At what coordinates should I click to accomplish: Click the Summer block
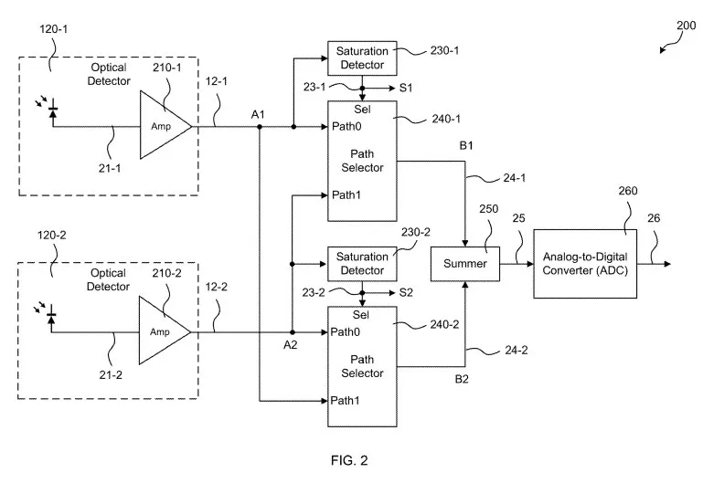click(x=465, y=264)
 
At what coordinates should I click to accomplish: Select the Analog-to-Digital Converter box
click(x=585, y=264)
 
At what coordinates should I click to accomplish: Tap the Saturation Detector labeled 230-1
click(x=362, y=58)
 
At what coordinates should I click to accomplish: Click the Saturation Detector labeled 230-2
click(x=362, y=264)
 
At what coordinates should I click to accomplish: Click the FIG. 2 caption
click(x=349, y=460)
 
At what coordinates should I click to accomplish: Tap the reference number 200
click(x=686, y=26)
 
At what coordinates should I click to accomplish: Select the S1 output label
click(x=406, y=88)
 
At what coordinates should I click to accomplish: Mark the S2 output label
click(x=406, y=293)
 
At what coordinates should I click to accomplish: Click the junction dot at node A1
click(x=259, y=127)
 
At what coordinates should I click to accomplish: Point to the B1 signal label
click(x=466, y=145)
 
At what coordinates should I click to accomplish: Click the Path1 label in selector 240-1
click(x=346, y=195)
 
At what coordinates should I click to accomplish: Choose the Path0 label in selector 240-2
click(x=346, y=332)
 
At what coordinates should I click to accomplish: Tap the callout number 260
click(x=628, y=191)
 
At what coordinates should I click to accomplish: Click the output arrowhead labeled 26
click(x=667, y=264)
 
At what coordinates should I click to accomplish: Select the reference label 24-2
click(x=516, y=350)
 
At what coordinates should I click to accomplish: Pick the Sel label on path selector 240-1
click(x=362, y=110)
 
